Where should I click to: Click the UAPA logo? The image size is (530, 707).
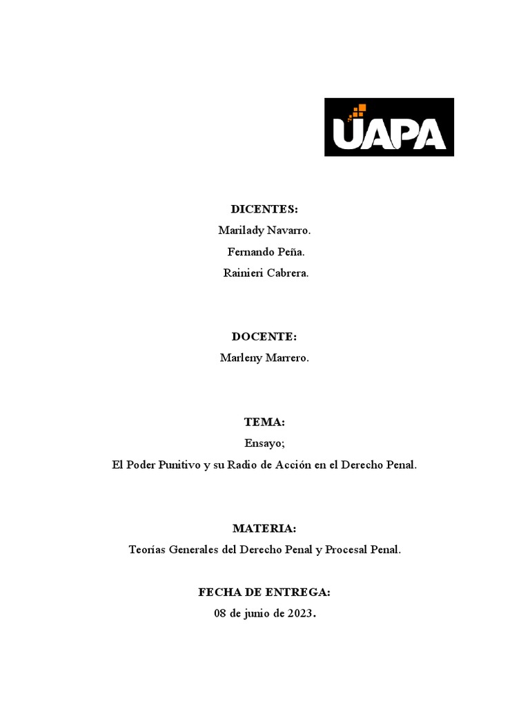tap(389, 127)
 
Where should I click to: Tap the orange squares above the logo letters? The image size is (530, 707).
tap(359, 110)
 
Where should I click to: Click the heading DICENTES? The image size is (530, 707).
tap(264, 209)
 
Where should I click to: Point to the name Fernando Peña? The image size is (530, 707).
tap(265, 252)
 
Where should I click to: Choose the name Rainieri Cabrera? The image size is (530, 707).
tap(266, 273)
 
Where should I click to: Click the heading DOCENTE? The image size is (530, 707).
tap(264, 336)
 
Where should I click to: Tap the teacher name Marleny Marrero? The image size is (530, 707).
tap(264, 358)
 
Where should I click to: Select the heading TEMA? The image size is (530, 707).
tap(264, 422)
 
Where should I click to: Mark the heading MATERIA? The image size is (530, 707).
tap(264, 528)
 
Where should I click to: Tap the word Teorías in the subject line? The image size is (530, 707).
tap(147, 550)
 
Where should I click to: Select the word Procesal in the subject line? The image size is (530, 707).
tap(346, 550)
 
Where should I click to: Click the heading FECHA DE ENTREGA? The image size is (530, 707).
tap(264, 592)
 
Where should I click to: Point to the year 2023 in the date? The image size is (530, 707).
tap(300, 614)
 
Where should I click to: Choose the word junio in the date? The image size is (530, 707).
tap(259, 614)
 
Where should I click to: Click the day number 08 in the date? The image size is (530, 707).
tap(221, 614)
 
